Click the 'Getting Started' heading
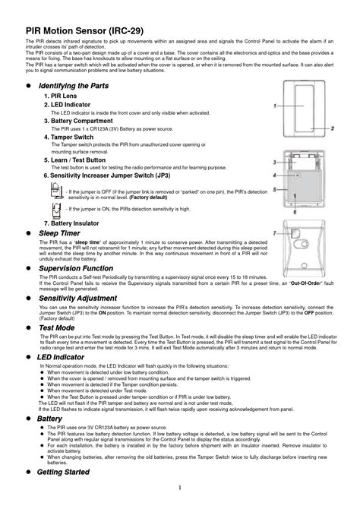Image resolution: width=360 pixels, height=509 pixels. coord(63,472)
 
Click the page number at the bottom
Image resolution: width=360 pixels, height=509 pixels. coord(180,488)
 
